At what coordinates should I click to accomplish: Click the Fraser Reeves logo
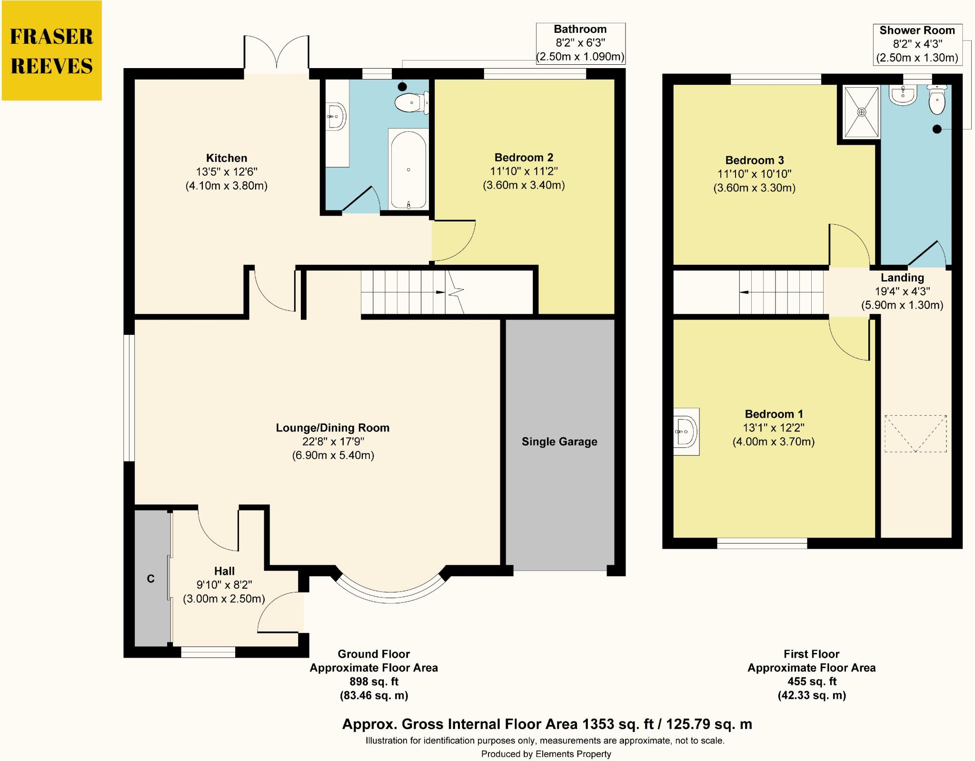tap(51, 50)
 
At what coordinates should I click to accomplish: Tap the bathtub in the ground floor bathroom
tap(408, 169)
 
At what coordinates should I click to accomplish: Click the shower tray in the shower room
tap(861, 112)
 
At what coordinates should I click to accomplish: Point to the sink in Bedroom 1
tap(686, 431)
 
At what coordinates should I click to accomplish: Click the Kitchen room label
tap(227, 158)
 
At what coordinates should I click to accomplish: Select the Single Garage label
tap(559, 441)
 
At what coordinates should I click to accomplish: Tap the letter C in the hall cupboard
tap(150, 579)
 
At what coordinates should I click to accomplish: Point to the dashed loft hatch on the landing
tap(915, 433)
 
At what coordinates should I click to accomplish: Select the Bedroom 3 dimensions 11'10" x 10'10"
tap(754, 174)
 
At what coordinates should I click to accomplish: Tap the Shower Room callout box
tap(917, 44)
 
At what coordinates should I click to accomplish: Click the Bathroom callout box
tap(580, 43)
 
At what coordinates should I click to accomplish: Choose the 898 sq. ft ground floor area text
tap(374, 681)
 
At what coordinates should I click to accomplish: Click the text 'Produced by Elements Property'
tap(546, 754)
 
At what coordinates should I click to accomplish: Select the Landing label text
tap(902, 278)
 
